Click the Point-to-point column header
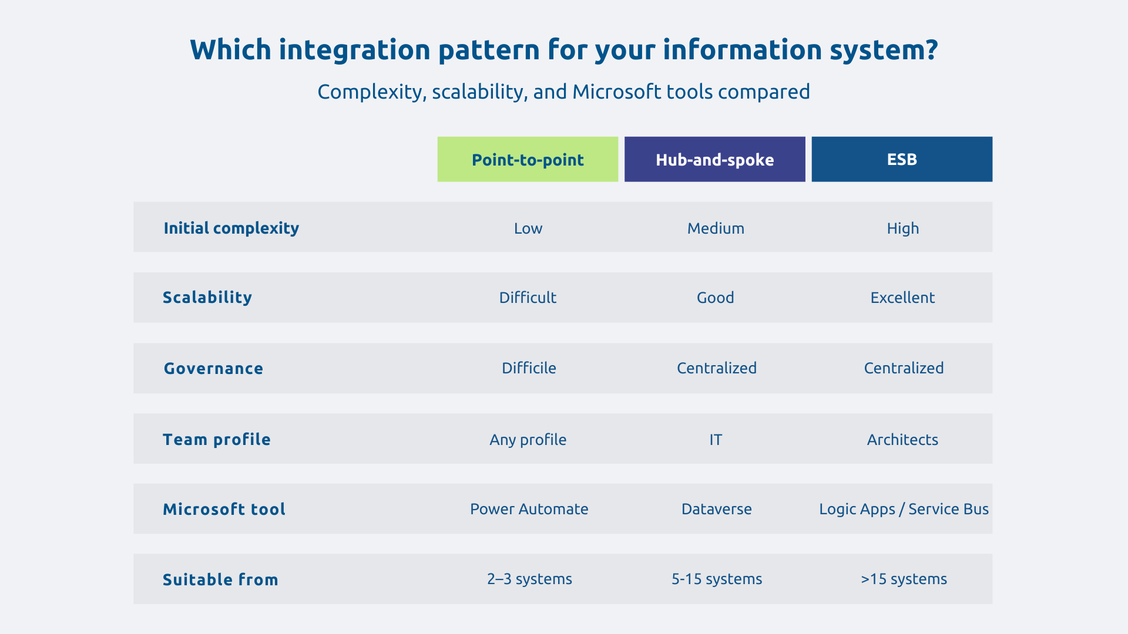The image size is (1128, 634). click(x=528, y=160)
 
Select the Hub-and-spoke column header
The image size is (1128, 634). click(x=714, y=160)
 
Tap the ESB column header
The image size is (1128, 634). click(x=902, y=160)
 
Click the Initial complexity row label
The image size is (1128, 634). click(x=231, y=228)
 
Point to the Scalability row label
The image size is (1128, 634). click(x=207, y=298)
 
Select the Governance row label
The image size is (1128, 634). click(x=213, y=369)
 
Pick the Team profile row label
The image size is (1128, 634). click(x=216, y=440)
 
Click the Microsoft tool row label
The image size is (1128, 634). click(x=224, y=509)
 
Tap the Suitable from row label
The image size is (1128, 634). click(x=220, y=579)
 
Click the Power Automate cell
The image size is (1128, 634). click(x=529, y=509)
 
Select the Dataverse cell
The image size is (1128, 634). click(x=716, y=509)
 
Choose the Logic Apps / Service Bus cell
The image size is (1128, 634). click(x=904, y=509)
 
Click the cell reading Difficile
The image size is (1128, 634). click(x=529, y=368)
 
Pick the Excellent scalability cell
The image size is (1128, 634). click(x=902, y=298)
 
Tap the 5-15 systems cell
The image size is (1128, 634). click(x=717, y=579)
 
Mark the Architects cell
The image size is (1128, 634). click(x=902, y=440)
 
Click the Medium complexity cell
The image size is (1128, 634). click(x=716, y=228)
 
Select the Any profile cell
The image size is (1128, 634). click(x=528, y=440)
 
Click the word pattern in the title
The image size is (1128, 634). click(x=489, y=50)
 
